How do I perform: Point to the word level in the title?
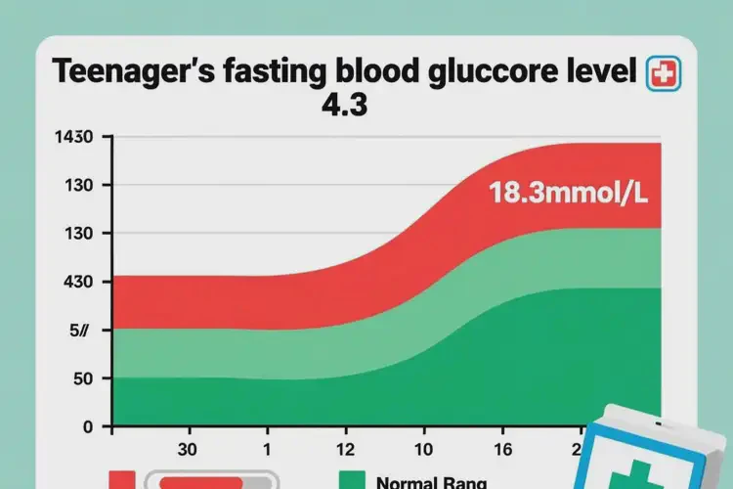(x=599, y=73)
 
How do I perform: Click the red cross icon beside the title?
(x=662, y=74)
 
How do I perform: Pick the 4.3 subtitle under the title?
(x=343, y=105)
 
